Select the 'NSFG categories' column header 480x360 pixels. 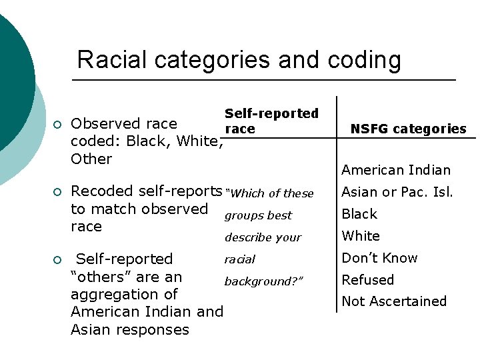click(x=409, y=129)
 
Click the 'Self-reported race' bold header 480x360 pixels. click(x=271, y=121)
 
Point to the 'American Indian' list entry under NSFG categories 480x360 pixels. click(x=396, y=170)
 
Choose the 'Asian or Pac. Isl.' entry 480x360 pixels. click(x=397, y=192)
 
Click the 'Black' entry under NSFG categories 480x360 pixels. click(x=359, y=214)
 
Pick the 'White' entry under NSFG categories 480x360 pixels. click(x=361, y=236)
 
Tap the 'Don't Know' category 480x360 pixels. click(x=379, y=258)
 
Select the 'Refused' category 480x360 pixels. click(x=367, y=280)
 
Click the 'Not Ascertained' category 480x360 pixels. click(x=394, y=301)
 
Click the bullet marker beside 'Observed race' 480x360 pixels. click(x=58, y=125)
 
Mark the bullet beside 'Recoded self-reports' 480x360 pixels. click(x=58, y=192)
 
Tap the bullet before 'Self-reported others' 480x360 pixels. click(x=58, y=260)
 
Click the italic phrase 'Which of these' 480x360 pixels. click(x=270, y=193)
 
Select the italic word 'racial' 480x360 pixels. click(x=240, y=259)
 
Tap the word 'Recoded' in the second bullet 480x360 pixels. click(x=97, y=191)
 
